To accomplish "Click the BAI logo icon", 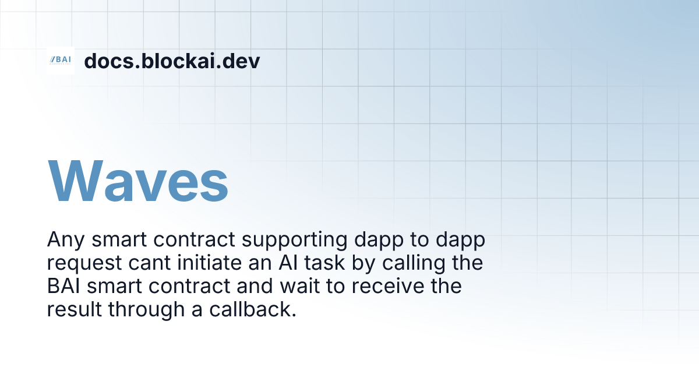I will [61, 61].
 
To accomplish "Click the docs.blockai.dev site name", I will [172, 61].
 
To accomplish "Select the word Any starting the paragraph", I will [63, 240].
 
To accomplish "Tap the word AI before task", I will [288, 263].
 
